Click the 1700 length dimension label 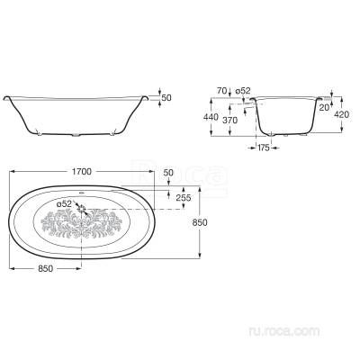pos(82,171)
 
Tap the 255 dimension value pos(184,197)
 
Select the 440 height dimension pos(211,117)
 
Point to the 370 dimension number pos(229,121)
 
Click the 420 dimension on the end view pos(341,114)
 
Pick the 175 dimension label pos(263,148)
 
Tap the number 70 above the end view pos(221,91)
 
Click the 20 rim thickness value pos(324,108)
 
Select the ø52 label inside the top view pos(64,204)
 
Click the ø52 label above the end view pos(243,91)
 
